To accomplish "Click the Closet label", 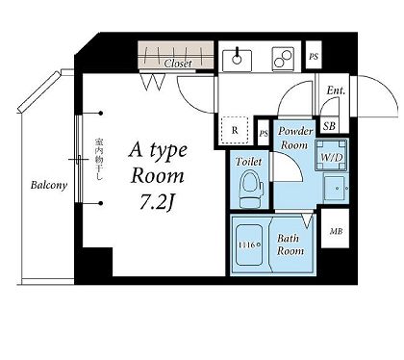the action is pos(178,64).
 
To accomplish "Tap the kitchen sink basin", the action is pos(237,61).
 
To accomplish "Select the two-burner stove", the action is pos(283,59).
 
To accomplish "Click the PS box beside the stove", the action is pos(314,55).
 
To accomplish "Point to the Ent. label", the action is pos(336,90).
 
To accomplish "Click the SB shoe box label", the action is pos(329,126).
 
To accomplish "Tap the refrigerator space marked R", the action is pos(235,130).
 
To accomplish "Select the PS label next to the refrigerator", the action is pos(264,134).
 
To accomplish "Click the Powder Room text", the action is pos(295,138).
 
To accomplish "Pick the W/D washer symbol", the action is pos(332,156).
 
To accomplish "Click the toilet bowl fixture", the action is pos(251,190).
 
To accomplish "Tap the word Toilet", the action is pos(248,162).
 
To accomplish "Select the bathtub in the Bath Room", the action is pos(249,245).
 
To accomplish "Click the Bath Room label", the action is pos(290,244).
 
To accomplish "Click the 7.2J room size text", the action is pos(158,202).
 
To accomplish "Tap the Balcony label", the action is pos(49,185).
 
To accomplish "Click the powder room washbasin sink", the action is pos(336,188).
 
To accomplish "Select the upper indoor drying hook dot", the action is pos(101,113).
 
